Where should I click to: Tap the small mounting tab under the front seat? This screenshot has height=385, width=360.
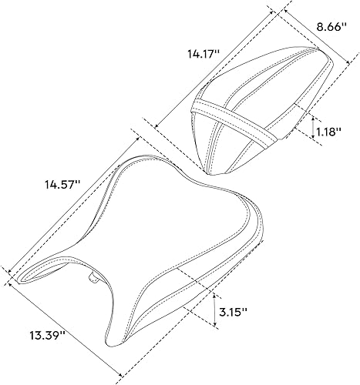tap(92, 276)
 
